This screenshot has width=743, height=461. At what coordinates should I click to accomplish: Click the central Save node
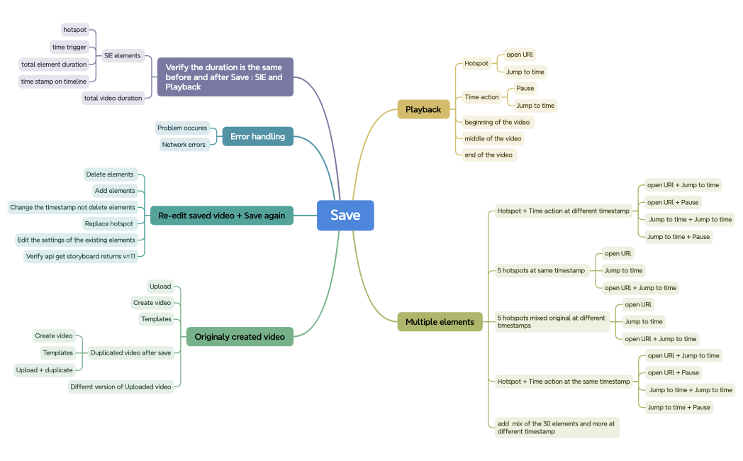click(345, 216)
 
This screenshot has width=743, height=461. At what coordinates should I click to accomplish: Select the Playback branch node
click(423, 109)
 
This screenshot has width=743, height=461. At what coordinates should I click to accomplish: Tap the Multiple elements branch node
click(440, 322)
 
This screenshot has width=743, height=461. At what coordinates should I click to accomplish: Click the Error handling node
click(257, 136)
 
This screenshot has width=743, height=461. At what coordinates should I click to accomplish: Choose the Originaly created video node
click(240, 337)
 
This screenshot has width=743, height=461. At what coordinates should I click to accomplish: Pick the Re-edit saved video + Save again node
click(221, 216)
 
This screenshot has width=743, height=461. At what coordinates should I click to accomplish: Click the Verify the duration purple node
click(225, 77)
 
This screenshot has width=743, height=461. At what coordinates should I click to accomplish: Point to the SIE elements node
click(123, 55)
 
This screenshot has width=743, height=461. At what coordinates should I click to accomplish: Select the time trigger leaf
click(69, 47)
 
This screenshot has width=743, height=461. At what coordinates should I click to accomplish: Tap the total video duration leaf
click(113, 98)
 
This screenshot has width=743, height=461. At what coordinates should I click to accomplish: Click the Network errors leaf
click(184, 145)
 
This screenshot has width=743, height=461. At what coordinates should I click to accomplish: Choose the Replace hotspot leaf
click(109, 223)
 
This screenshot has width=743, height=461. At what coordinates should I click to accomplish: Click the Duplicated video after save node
click(130, 352)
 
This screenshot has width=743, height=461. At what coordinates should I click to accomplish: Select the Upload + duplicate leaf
click(45, 370)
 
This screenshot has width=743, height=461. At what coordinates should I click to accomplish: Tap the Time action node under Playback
click(482, 97)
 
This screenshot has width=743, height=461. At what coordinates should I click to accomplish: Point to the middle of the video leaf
click(493, 138)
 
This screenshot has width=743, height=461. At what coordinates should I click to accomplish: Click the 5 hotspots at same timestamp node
click(542, 270)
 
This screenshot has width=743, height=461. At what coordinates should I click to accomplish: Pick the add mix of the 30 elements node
click(556, 427)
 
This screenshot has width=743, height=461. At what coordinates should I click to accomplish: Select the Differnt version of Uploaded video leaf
click(121, 387)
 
